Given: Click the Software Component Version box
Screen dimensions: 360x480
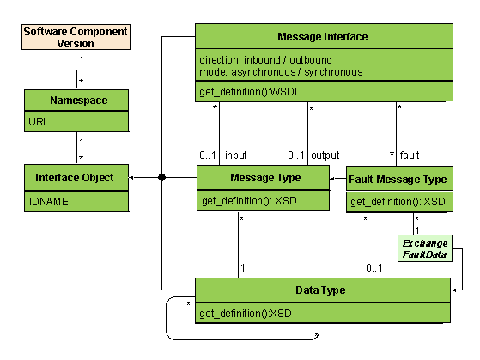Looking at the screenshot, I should tap(76, 37).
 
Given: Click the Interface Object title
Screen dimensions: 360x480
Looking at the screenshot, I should tap(76, 178).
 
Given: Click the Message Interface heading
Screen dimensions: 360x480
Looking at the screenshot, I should tap(323, 37).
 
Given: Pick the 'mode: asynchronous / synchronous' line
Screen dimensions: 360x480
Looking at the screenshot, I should tap(281, 72).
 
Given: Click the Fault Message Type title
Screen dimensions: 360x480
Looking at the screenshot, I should tap(398, 180).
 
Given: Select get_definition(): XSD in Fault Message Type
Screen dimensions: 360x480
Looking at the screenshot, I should tap(398, 202).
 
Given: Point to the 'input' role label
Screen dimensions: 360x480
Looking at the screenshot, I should tap(236, 156).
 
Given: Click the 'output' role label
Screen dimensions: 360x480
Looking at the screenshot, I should tap(325, 156).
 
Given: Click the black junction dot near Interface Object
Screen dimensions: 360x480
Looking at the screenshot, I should tap(161, 178).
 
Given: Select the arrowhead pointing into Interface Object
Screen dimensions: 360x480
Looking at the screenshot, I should tap(133, 178).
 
